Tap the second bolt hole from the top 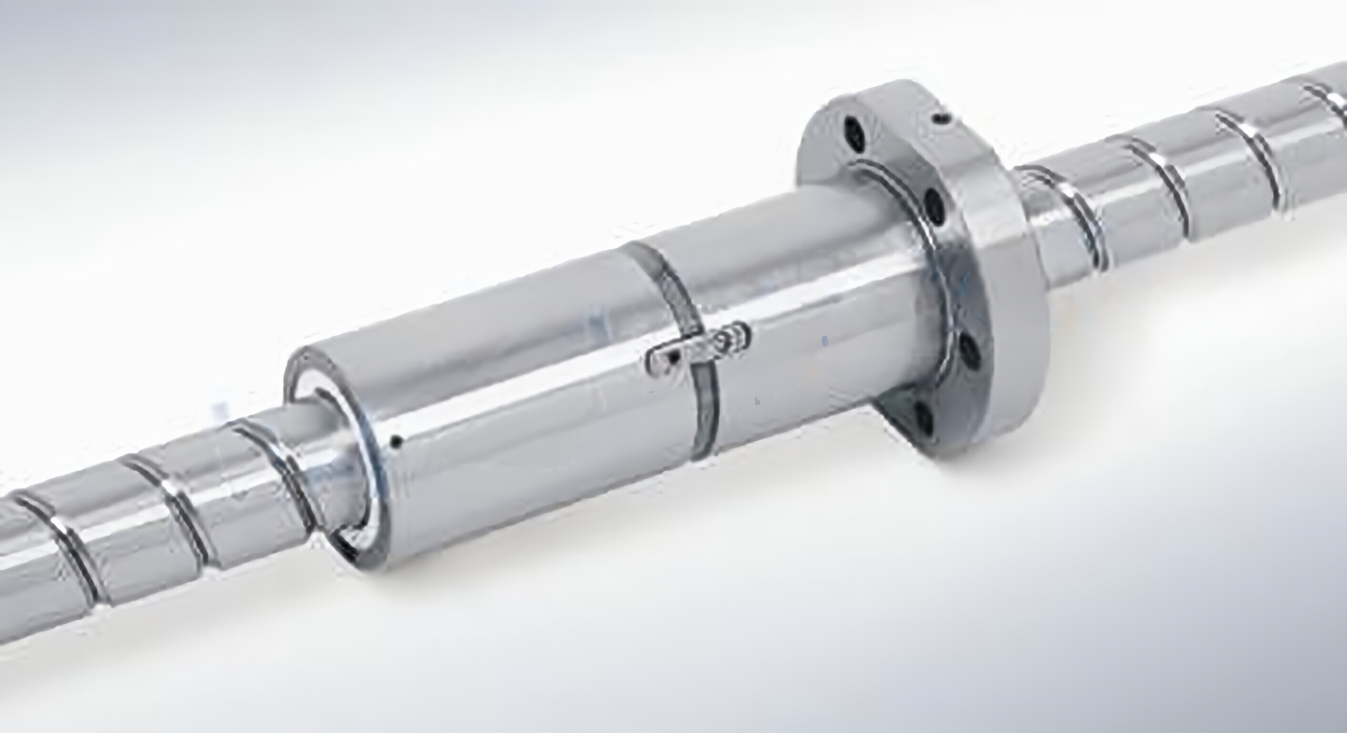coord(935,205)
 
